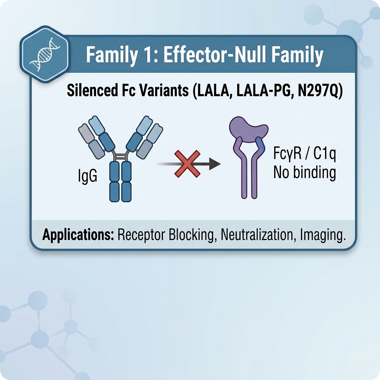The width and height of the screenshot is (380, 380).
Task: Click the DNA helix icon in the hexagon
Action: [x=45, y=54]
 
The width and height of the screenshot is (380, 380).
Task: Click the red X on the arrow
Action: [x=187, y=164]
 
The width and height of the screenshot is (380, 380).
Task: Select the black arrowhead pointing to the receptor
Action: [x=215, y=164]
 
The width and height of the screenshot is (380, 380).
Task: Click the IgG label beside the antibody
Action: [x=88, y=176]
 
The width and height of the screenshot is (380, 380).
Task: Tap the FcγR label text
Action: [x=288, y=154]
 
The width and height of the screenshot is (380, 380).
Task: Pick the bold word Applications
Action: [x=78, y=235]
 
